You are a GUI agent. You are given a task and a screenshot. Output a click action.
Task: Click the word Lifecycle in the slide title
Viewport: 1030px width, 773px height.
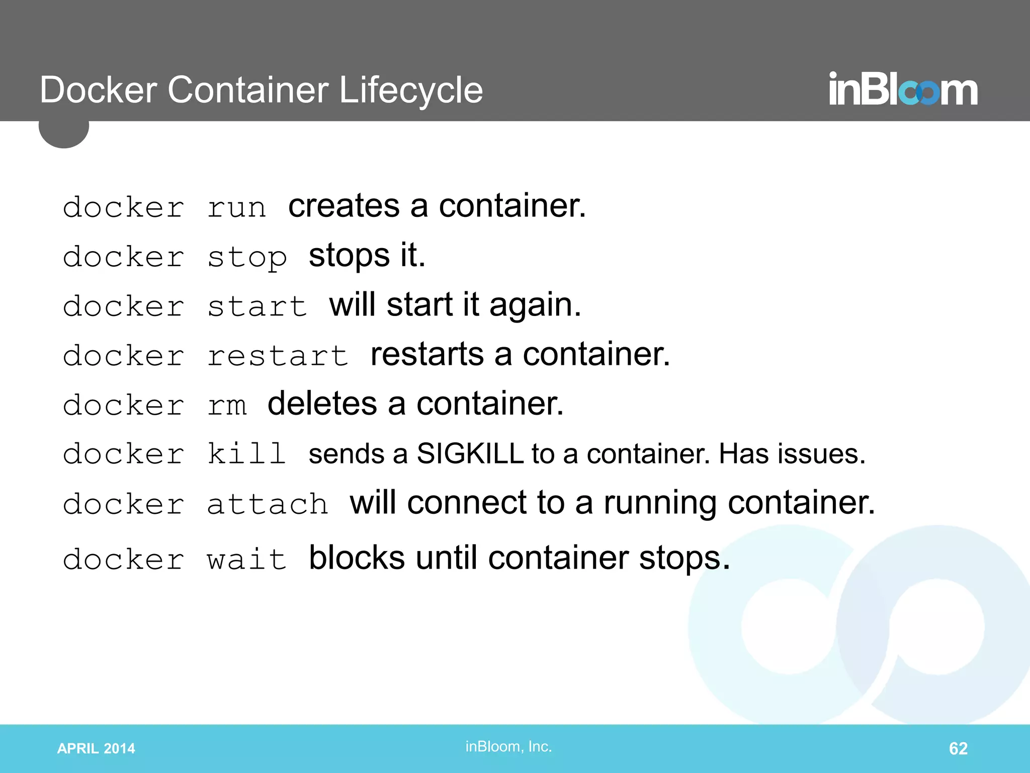coord(411,91)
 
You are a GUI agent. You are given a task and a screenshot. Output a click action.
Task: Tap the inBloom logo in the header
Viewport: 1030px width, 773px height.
coord(903,89)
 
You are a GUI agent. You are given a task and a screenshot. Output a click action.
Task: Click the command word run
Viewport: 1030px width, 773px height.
coord(236,207)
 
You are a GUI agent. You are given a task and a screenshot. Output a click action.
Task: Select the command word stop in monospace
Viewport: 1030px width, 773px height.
coord(247,257)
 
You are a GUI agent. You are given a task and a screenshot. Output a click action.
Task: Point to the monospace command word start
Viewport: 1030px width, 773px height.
coord(257,306)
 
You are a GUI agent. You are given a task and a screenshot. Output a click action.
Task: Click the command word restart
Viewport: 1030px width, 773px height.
coord(278,356)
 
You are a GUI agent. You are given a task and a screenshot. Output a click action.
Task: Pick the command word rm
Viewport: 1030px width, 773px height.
coord(227,405)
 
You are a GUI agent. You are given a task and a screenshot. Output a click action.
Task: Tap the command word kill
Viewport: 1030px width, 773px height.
coord(247,454)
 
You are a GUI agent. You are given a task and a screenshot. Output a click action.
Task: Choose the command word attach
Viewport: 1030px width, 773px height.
coord(268,504)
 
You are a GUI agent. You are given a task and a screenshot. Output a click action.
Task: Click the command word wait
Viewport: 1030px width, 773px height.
coord(247,559)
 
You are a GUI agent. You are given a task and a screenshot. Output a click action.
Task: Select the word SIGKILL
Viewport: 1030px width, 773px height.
coord(470,454)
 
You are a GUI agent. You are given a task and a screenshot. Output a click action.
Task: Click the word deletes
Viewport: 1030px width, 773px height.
coord(322,404)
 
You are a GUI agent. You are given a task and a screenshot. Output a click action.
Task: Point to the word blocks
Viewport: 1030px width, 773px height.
coord(357,558)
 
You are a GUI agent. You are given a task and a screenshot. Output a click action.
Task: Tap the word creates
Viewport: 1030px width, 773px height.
coord(344,206)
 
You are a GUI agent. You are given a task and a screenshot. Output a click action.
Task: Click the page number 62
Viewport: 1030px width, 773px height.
coord(958,748)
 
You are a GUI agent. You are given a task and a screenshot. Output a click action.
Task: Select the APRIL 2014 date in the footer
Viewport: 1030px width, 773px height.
coord(96,748)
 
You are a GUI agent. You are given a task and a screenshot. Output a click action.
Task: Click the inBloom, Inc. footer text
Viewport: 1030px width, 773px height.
coord(508,746)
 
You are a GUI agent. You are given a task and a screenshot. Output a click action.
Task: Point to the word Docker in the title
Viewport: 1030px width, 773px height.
coord(99,91)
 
